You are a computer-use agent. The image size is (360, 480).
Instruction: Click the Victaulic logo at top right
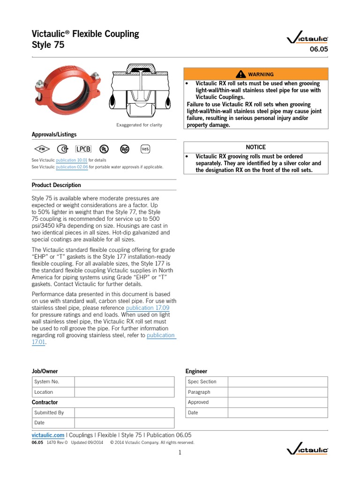[307, 40]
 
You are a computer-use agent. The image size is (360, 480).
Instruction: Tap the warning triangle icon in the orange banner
[241, 74]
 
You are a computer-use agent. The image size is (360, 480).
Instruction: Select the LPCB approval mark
[83, 149]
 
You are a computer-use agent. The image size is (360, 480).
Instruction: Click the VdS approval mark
[145, 149]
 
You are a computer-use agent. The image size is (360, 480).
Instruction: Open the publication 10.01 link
[72, 160]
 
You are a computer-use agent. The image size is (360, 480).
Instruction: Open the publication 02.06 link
[72, 167]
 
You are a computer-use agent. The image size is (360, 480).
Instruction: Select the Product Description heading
[56, 185]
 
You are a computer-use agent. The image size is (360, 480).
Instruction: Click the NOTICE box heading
[255, 147]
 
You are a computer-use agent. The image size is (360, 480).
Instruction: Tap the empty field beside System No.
[124, 382]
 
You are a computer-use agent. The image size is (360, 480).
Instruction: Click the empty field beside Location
[124, 392]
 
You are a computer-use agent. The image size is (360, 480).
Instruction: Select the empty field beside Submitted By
[124, 412]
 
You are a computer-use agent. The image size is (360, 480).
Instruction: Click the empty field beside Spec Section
[278, 382]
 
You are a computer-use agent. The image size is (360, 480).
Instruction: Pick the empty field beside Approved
[278, 402]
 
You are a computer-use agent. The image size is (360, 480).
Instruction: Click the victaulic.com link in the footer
[48, 435]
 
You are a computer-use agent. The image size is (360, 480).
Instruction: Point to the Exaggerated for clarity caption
[139, 125]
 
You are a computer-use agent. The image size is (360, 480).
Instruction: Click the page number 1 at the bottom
[180, 452]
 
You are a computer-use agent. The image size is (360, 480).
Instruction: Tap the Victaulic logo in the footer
[307, 450]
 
